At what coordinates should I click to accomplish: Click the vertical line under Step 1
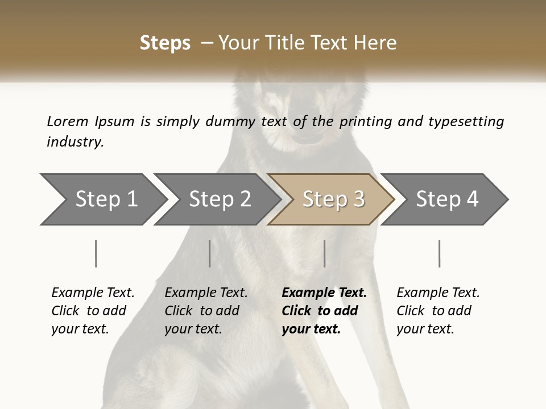pos(96,253)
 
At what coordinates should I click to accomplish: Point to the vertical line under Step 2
pos(210,253)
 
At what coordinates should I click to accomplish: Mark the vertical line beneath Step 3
pos(325,253)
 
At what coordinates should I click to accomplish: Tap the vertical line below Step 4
pos(440,253)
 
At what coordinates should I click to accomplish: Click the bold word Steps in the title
pos(165,43)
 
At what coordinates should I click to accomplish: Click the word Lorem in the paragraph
pos(68,121)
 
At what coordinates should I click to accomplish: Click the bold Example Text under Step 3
pos(324,293)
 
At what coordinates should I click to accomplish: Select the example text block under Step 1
pos(93,311)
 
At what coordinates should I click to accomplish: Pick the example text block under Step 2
pos(206,311)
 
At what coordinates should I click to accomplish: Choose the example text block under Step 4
pos(438,311)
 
